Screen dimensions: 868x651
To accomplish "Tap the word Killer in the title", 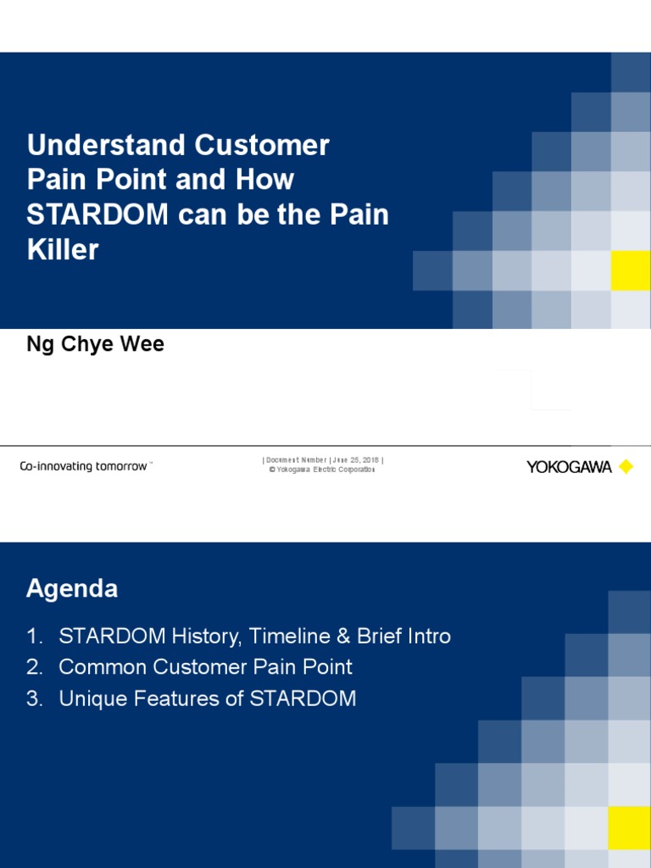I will click(x=63, y=250).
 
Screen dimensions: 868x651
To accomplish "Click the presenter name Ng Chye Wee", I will click(x=95, y=345).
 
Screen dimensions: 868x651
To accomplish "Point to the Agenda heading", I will click(x=72, y=588).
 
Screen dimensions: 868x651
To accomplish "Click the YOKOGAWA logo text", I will click(x=569, y=467).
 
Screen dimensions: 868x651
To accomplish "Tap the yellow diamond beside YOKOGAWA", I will click(x=626, y=467).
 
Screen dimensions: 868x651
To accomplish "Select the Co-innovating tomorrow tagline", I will click(x=86, y=467).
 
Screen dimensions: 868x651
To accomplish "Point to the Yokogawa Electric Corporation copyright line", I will click(x=322, y=470).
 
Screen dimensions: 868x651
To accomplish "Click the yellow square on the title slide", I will click(x=630, y=270).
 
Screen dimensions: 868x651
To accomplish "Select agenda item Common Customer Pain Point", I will click(x=205, y=667).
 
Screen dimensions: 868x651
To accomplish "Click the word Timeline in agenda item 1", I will click(x=281, y=636).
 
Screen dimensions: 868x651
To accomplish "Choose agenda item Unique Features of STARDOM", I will click(x=208, y=699).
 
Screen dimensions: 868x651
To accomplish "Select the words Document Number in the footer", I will click(x=296, y=460).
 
